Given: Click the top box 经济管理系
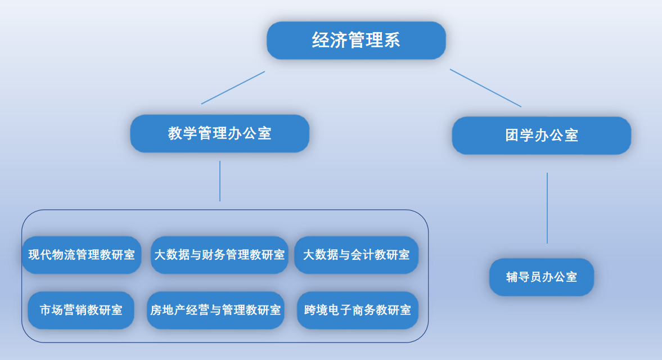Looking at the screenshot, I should [x=356, y=40].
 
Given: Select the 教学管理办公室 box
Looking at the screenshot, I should [x=219, y=134].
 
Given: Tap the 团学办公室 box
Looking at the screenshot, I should [x=541, y=136].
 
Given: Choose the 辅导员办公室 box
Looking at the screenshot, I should [x=541, y=277].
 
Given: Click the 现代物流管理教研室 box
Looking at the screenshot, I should [x=82, y=255].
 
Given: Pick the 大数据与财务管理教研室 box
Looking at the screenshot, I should [x=219, y=255].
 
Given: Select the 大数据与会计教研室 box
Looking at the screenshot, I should [x=356, y=255].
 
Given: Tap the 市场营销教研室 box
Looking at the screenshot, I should [x=81, y=310].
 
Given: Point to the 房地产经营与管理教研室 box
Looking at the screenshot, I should [x=215, y=310].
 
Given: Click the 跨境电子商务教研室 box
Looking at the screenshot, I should [x=357, y=310].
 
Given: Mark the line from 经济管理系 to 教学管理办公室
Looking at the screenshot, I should [x=233, y=87].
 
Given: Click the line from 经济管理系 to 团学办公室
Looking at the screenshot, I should [x=485, y=88].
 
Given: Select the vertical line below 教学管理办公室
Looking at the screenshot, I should [x=220, y=181].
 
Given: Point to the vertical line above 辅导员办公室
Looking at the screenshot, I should [x=547, y=208].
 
